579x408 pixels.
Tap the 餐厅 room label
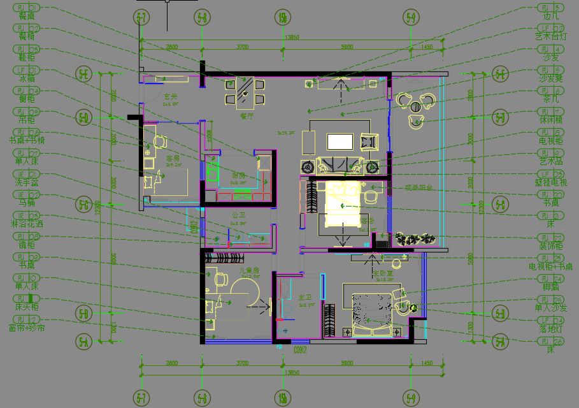point(247,116)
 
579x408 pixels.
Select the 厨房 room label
point(238,175)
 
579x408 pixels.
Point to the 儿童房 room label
point(249,270)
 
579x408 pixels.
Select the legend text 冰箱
point(27,78)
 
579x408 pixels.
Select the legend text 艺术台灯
point(551,36)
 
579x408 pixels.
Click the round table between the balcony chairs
point(416,107)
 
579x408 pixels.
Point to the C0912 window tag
point(301,349)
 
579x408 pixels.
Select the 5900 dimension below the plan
point(346,363)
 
